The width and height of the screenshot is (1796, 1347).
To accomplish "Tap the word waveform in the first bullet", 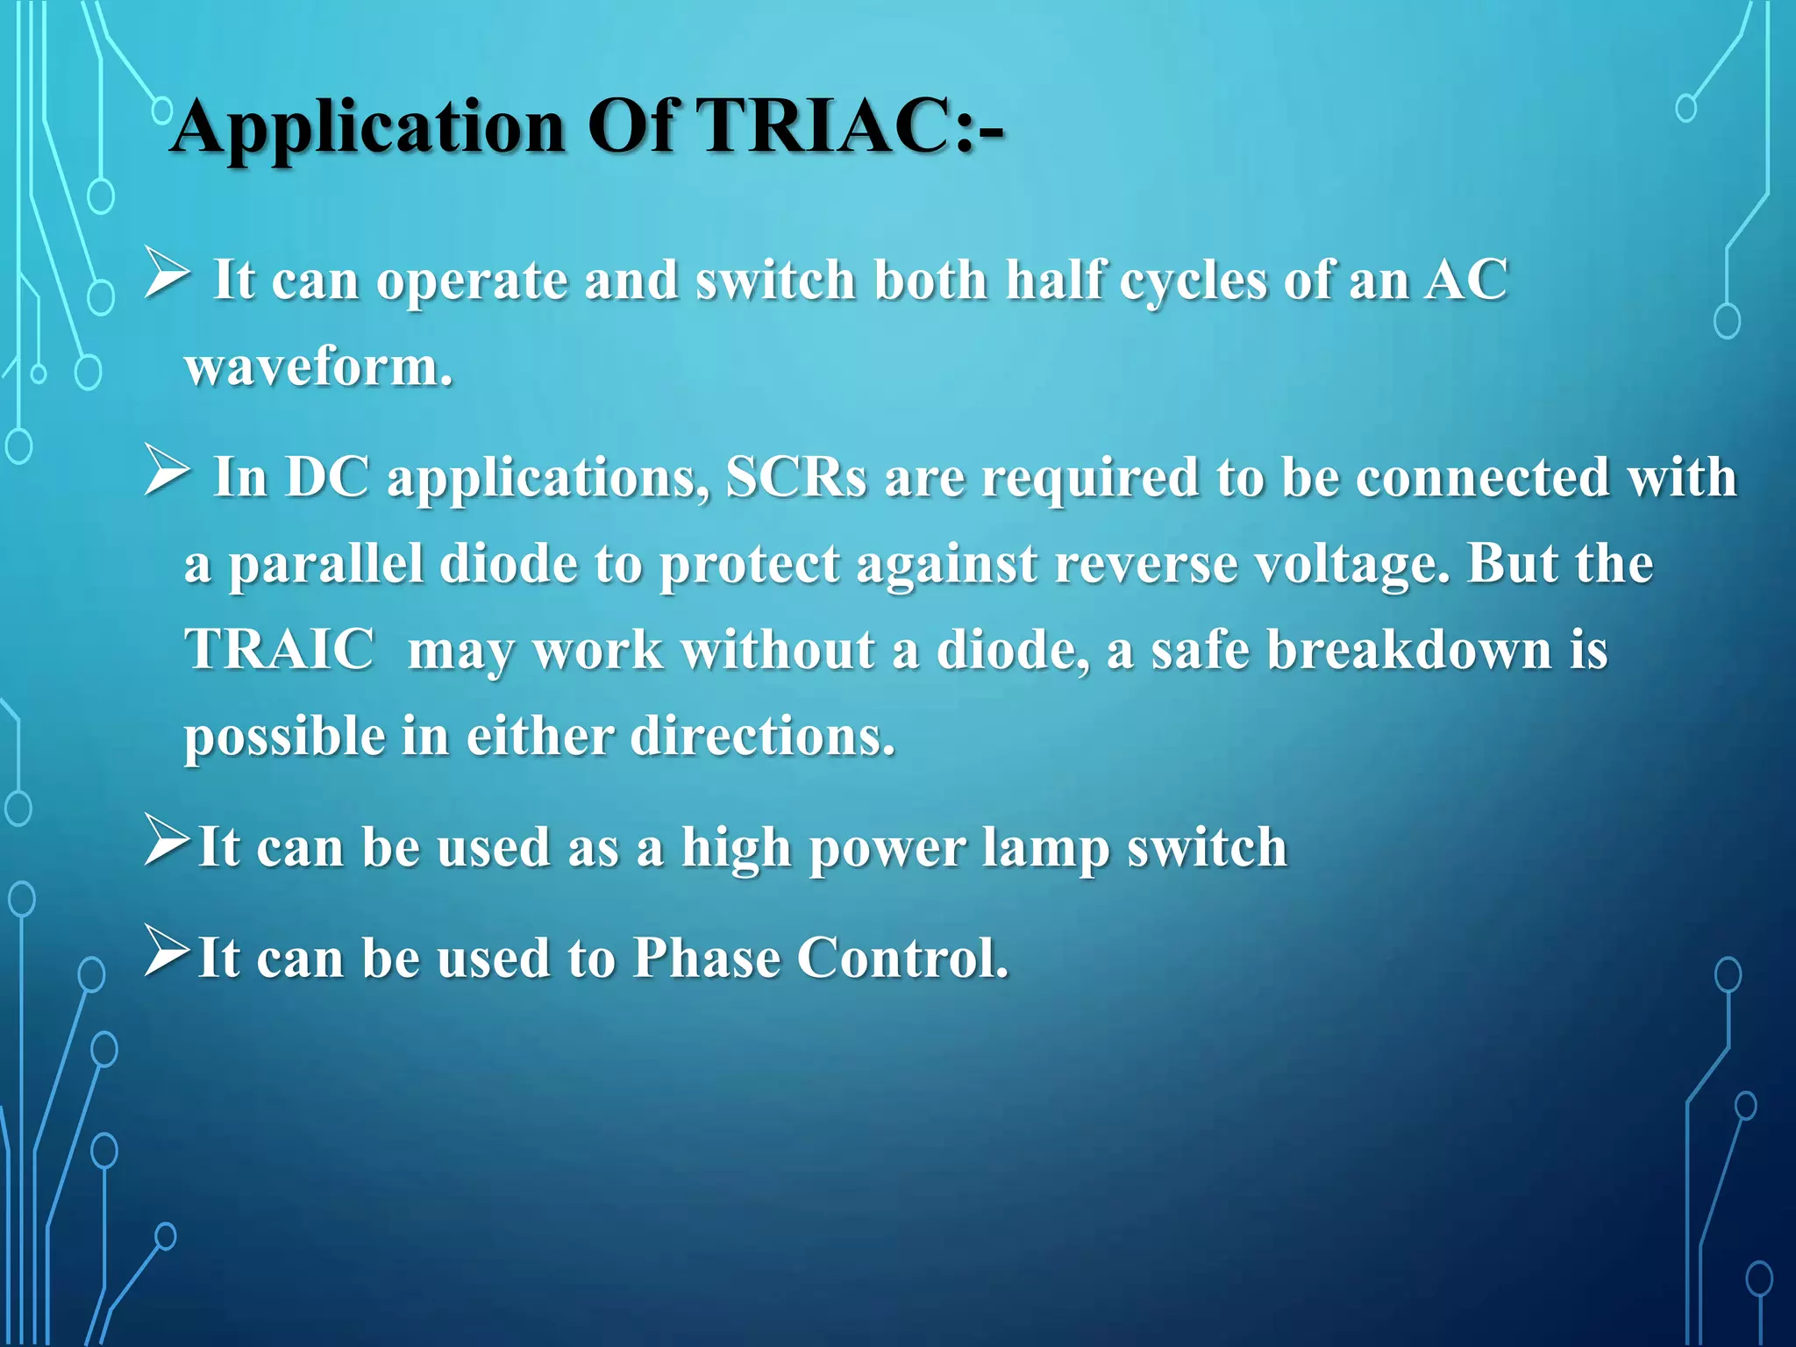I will (318, 367).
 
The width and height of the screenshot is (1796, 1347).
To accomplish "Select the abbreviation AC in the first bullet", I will (1465, 281).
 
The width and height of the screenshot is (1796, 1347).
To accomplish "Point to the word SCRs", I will (796, 478).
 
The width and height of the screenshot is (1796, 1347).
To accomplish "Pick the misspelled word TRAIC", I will (279, 650).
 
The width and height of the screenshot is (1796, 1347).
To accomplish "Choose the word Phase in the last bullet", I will (706, 958).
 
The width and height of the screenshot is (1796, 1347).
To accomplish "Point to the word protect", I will (749, 565).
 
